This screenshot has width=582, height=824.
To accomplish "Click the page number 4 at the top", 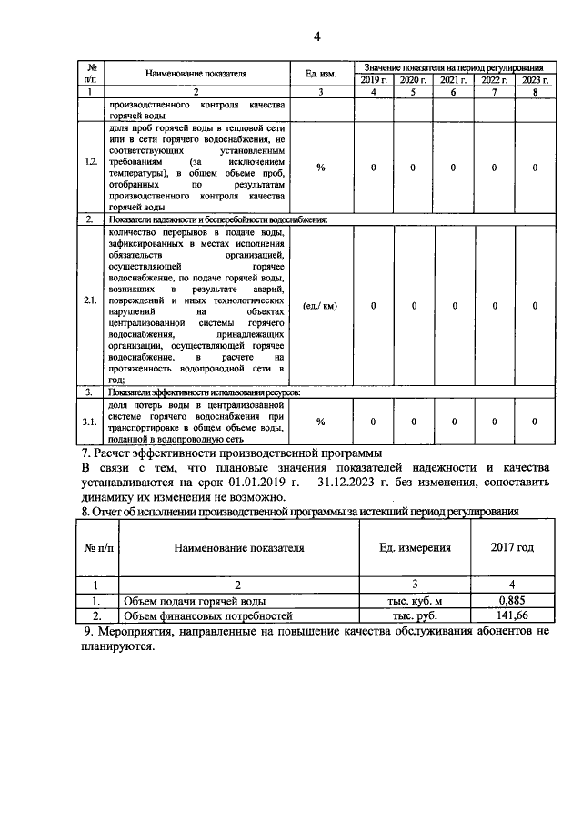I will point(316,36).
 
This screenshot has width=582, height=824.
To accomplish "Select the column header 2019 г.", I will point(373,80).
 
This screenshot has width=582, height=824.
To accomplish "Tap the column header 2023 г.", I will point(535,80).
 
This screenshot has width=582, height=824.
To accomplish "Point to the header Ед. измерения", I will point(415,548).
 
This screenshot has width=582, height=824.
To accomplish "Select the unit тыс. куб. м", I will point(415,601).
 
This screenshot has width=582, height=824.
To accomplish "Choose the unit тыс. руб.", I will point(415,615).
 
